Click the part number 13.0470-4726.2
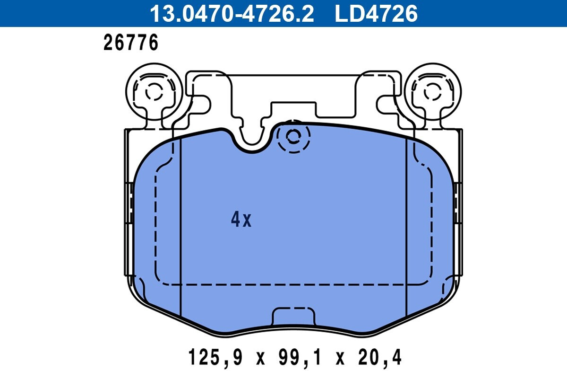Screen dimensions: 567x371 click(x=232, y=13)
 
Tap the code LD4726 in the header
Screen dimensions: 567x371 click(x=376, y=13)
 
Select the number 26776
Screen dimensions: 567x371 click(x=131, y=43)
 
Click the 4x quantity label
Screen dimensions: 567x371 click(x=241, y=220)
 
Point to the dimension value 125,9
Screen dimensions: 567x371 click(x=215, y=358)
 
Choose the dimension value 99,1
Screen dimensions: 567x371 click(x=300, y=358)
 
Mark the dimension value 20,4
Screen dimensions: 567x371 click(x=380, y=358)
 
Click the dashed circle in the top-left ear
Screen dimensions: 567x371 click(x=154, y=91)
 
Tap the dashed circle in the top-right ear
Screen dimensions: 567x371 click(x=433, y=91)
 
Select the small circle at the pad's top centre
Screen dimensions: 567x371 click(x=293, y=137)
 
